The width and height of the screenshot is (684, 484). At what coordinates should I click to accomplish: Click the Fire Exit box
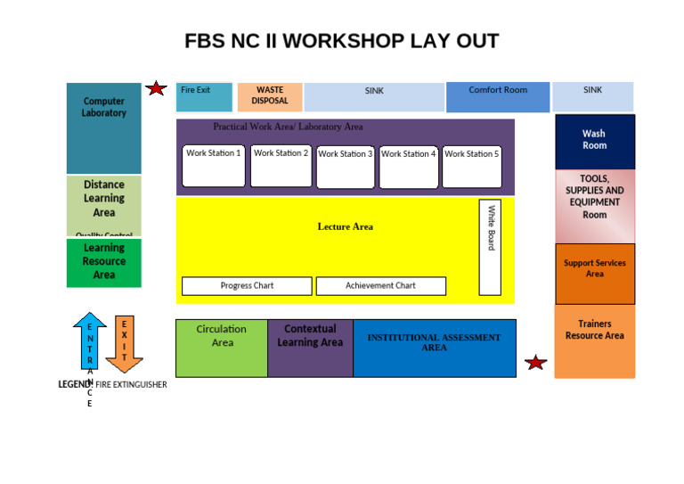pos(204,96)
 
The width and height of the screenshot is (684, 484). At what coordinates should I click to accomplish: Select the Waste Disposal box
pos(270,96)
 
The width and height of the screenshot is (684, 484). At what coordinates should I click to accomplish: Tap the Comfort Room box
pos(498,96)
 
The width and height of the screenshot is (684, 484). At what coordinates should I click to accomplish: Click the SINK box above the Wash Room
pos(592,96)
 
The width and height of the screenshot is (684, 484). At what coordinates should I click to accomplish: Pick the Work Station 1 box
pos(214,167)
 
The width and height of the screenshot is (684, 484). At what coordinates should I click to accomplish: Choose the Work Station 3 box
pos(346,168)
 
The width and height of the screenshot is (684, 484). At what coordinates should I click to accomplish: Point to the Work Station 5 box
pos(472,168)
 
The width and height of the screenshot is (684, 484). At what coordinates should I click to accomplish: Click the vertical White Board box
pos(490,247)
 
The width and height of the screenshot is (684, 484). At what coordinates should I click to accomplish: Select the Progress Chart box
pos(247,286)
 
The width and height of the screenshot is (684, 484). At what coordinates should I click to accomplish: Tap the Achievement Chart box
pos(380,286)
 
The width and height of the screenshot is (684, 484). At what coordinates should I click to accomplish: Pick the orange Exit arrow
pos(124,344)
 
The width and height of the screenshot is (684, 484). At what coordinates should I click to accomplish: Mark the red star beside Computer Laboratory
pos(156,88)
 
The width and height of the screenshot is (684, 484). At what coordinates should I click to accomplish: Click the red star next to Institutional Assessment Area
pos(535,363)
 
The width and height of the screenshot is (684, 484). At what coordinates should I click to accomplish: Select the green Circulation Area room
pos(222,348)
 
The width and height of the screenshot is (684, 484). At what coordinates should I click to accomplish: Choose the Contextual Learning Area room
pos(310,348)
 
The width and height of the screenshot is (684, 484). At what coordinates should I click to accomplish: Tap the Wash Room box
pos(595,141)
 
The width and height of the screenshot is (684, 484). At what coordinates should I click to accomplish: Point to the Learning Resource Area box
pos(104,263)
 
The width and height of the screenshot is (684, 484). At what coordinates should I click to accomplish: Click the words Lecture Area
pos(346,226)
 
